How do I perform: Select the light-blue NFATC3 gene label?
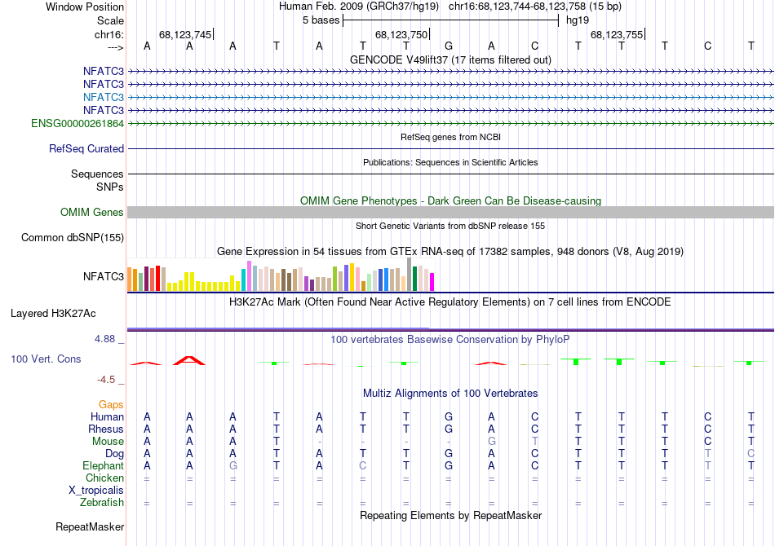[x=104, y=97]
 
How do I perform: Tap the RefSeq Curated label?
[x=86, y=149]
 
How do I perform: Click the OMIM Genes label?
[x=92, y=213]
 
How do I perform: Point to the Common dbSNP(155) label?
[x=73, y=238]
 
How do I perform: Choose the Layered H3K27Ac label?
[x=53, y=313]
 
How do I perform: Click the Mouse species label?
[x=108, y=442]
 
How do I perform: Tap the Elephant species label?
[x=104, y=466]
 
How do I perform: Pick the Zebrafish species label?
[x=102, y=503]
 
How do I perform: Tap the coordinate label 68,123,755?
[x=616, y=35]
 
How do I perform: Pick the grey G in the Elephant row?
[x=232, y=466]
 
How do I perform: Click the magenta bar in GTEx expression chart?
[x=432, y=282]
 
